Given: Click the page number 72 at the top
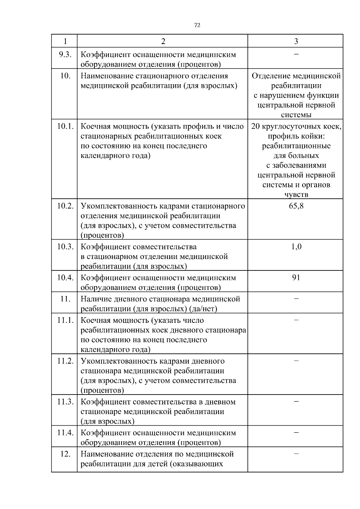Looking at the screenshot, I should (197, 25).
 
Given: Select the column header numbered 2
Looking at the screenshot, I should (163, 41).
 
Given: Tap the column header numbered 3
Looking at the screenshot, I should (296, 41).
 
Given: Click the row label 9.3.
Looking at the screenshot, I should (65, 55).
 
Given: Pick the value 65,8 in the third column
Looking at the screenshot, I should (296, 206).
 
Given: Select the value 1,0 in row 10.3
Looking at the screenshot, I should (296, 247).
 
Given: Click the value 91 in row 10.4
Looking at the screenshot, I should (296, 278).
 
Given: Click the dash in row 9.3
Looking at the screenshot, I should (296, 54).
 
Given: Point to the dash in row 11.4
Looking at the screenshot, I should (296, 432).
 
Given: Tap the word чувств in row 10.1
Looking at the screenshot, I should (296, 195).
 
